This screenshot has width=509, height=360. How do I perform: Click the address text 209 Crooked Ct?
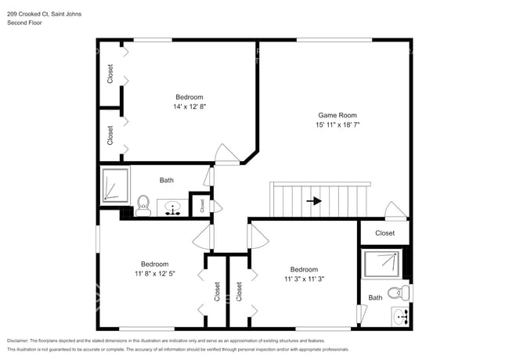tap(36, 14)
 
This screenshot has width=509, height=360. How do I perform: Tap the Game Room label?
tap(338, 114)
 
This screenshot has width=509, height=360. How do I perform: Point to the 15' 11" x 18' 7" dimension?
tap(338, 124)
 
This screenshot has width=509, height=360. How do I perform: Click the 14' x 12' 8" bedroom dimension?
tap(190, 106)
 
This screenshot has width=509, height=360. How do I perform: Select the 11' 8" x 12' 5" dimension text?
tap(154, 274)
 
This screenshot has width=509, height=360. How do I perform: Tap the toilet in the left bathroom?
tap(143, 205)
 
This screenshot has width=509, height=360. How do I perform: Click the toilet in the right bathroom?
tap(397, 293)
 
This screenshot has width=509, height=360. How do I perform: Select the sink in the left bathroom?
tap(173, 207)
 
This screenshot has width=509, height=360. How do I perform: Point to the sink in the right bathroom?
tap(400, 317)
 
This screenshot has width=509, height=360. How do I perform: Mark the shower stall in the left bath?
tap(114, 185)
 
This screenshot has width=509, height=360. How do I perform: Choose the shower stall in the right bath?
tap(381, 264)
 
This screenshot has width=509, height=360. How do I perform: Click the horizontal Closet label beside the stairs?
tap(384, 233)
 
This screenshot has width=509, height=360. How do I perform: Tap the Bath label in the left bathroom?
tap(167, 181)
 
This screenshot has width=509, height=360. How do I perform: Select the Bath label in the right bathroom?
tap(376, 297)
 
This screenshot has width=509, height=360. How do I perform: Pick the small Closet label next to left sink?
tap(202, 206)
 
